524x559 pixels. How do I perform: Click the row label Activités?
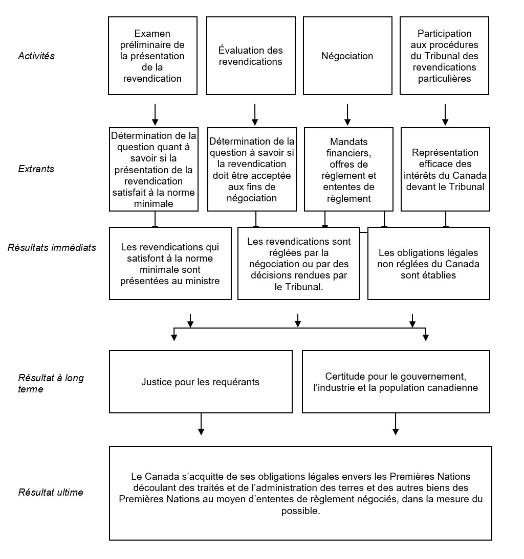click(x=36, y=56)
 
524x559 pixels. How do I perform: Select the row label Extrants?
click(x=36, y=169)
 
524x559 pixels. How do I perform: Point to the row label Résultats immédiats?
click(x=52, y=248)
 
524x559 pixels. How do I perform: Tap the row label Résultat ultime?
click(x=51, y=493)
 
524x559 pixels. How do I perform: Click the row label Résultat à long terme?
click(x=51, y=383)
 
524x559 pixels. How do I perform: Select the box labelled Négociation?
click(x=347, y=56)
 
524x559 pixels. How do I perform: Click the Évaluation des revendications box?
click(x=251, y=56)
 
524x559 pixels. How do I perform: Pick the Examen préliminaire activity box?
click(x=153, y=56)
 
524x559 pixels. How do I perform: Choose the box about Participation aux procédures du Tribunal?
click(x=444, y=56)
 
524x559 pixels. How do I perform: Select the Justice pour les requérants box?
click(x=201, y=382)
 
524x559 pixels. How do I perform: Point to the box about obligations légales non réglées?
click(x=428, y=264)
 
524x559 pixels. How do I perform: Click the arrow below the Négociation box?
click(x=347, y=115)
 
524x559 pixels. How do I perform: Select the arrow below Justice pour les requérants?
click(x=201, y=424)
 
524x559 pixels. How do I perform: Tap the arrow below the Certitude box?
click(x=395, y=424)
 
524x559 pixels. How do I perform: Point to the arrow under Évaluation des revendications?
click(x=254, y=115)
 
